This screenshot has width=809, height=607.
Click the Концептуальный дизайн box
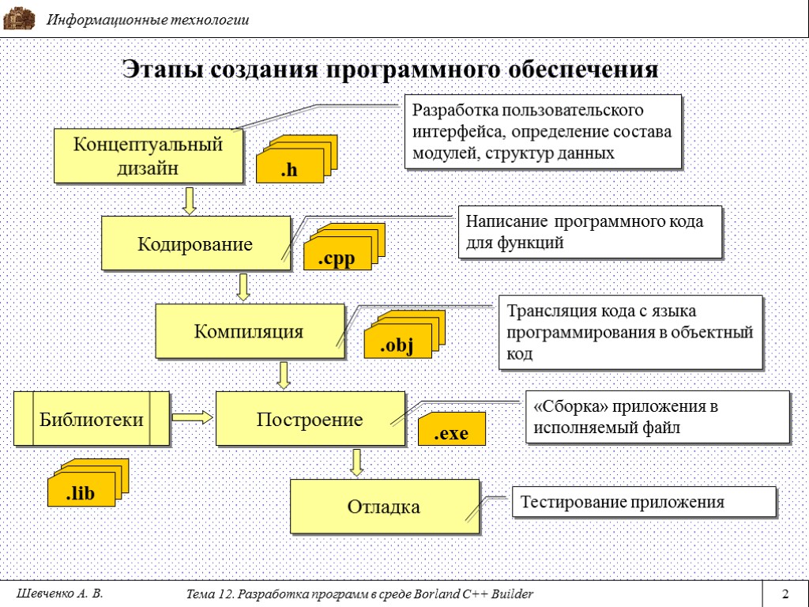point(148,156)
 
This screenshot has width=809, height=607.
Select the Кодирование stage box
point(195,243)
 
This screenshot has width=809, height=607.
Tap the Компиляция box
point(249,331)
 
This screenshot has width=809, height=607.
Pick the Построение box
point(310,419)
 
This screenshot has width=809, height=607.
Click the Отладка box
point(384,507)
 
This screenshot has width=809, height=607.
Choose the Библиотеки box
point(92,419)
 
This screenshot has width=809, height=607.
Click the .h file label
point(289,169)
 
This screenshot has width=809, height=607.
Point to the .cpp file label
point(337,258)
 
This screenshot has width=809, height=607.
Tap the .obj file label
point(397,345)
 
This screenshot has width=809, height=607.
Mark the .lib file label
point(80,494)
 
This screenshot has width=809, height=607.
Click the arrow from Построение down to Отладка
point(357,462)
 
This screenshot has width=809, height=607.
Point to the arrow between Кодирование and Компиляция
point(244,288)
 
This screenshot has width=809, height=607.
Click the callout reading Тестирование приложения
point(644,503)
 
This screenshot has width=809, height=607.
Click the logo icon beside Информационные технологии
point(19,19)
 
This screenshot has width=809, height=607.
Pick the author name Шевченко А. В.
point(59,594)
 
